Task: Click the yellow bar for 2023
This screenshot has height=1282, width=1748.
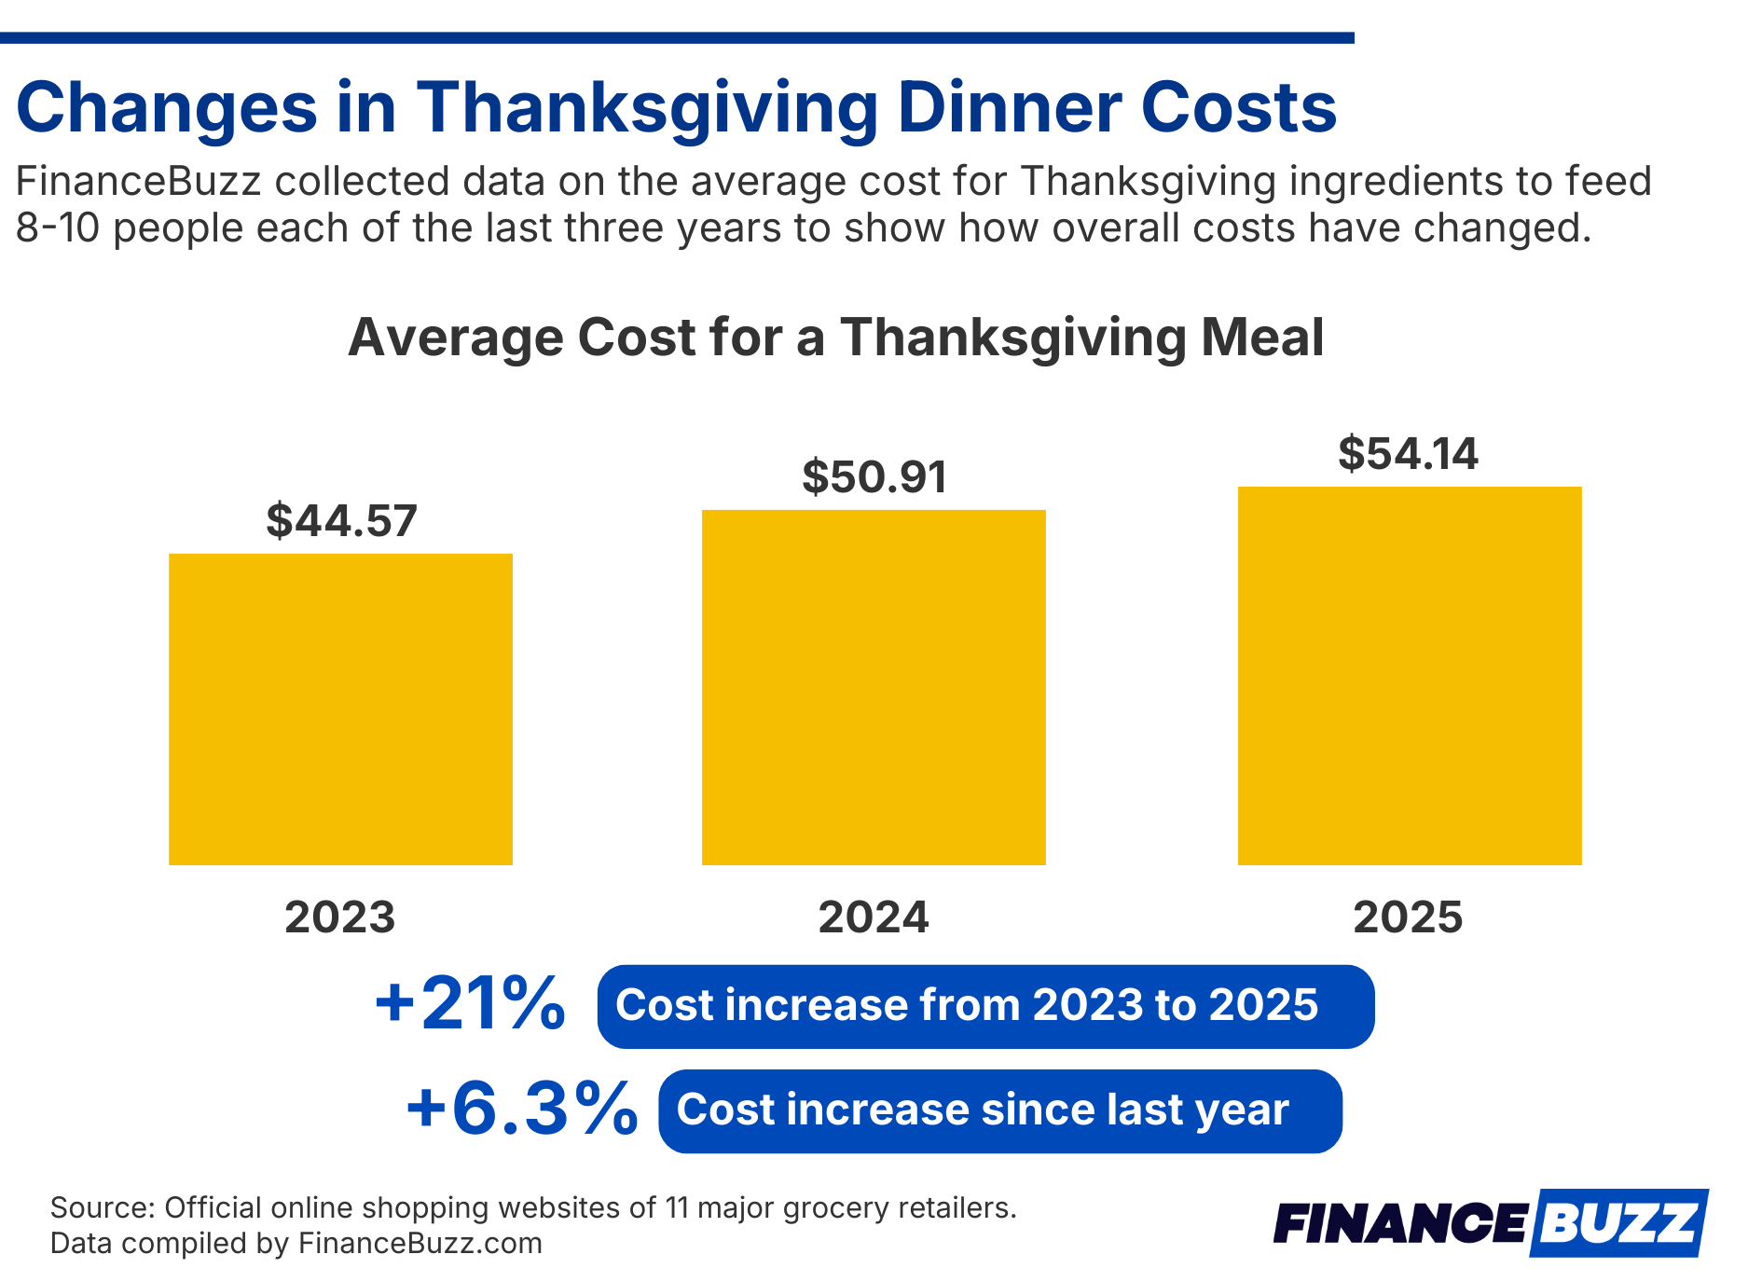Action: (x=340, y=709)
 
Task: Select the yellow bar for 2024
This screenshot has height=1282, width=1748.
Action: (x=874, y=687)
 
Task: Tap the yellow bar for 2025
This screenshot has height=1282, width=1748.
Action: (x=1409, y=676)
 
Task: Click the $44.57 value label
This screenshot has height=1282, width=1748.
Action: (x=341, y=520)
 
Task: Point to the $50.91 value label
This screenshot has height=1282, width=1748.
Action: (x=874, y=476)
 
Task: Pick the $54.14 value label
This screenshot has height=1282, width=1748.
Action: (x=1408, y=454)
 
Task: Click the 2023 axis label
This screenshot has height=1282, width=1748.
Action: (x=340, y=917)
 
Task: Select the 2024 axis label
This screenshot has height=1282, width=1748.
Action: (x=874, y=917)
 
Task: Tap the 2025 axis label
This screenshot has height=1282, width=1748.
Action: (x=1408, y=917)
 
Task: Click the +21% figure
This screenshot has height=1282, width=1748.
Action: (x=470, y=1005)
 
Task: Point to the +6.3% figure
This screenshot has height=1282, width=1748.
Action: (x=521, y=1110)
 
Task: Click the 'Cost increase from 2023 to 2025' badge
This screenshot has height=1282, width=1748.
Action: (x=985, y=1006)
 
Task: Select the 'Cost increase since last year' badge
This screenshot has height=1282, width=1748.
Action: (x=999, y=1110)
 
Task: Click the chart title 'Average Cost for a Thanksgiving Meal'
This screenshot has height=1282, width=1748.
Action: (x=835, y=338)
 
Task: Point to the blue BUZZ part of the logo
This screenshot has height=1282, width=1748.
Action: (x=1617, y=1222)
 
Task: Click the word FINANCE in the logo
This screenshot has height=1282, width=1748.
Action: (x=1399, y=1222)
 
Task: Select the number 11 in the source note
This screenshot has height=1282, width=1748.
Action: (x=677, y=1208)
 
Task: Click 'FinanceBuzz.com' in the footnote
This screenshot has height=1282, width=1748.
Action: (x=420, y=1244)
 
